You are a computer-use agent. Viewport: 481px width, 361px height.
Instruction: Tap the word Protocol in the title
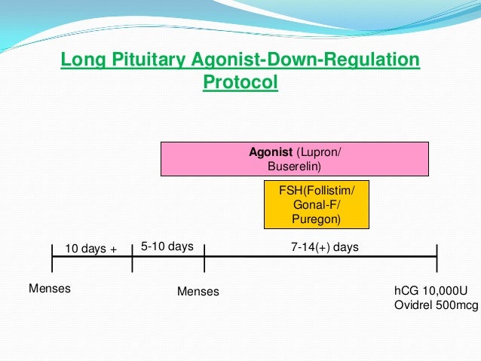pos(240,81)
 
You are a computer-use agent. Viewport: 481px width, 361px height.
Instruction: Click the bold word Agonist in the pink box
pos(270,152)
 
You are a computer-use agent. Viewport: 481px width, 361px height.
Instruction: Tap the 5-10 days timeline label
pos(167,246)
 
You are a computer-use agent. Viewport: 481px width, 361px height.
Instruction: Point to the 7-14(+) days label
pos(324,246)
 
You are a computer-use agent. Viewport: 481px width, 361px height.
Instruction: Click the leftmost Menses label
pos(50,288)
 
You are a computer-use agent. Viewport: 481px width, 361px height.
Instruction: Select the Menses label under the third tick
pos(198,291)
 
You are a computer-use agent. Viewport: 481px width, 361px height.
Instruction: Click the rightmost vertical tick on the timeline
pos(437,257)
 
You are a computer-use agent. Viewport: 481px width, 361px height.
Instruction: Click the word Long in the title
pos(79,60)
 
